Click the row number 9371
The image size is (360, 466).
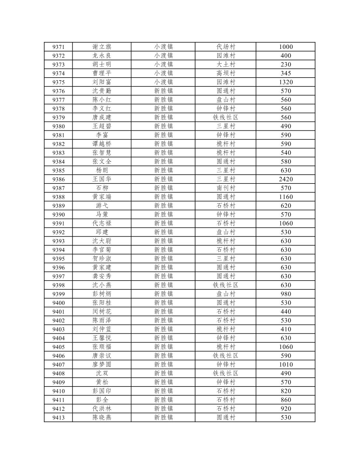point(58,47)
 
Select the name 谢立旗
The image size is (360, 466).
point(102,47)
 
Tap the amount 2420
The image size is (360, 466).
point(286,179)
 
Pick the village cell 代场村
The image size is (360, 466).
point(225,47)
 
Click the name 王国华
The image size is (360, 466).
point(102,179)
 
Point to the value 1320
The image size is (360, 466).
point(286,82)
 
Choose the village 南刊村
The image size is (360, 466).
point(225,188)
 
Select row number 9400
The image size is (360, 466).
point(58,303)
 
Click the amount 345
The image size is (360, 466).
point(286,73)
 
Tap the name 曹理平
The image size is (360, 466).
point(102,73)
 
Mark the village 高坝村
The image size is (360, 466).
point(225,73)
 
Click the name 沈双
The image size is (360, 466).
point(102,373)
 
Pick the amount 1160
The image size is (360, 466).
point(286,197)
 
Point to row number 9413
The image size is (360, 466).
point(58,417)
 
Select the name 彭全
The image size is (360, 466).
point(102,400)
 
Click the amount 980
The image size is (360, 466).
point(286,294)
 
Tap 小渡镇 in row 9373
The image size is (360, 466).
point(163,65)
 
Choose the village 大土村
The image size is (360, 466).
point(225,65)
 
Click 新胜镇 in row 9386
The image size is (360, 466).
point(163,179)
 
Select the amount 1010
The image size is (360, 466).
point(286,365)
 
